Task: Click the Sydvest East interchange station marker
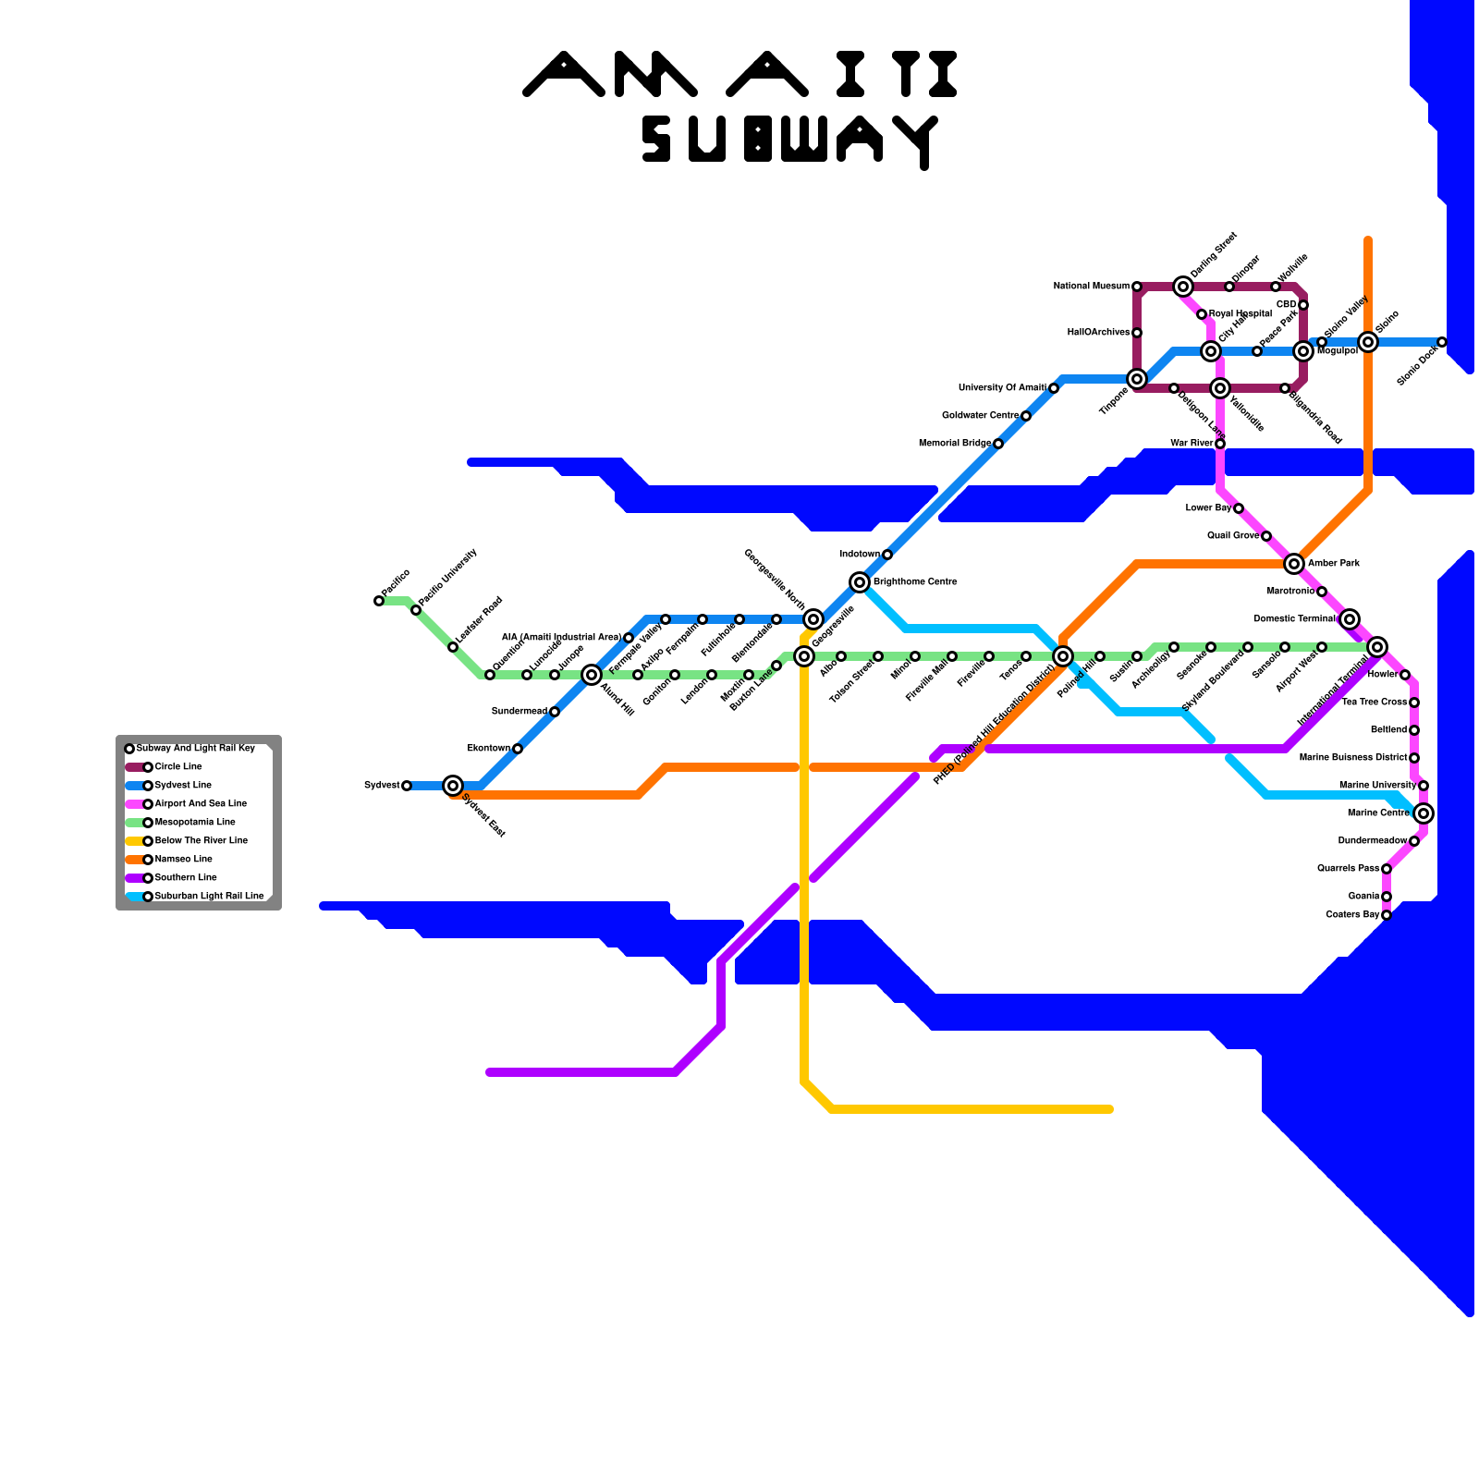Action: pos(453,786)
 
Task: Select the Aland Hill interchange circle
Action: pos(592,675)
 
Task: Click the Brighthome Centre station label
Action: pos(915,582)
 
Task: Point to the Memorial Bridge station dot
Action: pos(998,444)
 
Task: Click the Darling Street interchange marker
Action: pos(1183,287)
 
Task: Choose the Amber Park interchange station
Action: pos(1294,564)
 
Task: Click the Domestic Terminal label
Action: pos(1294,619)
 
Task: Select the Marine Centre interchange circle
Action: pos(1424,813)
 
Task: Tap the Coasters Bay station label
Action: pos(1352,915)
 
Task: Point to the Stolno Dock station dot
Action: pos(1442,342)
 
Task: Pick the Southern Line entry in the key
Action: pos(185,878)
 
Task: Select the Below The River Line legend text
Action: pos(201,841)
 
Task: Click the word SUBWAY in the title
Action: pos(790,141)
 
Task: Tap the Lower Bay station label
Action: pos(1208,508)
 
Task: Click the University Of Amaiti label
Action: pos(1002,388)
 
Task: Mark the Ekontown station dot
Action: pos(518,749)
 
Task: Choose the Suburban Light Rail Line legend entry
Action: pos(209,897)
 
